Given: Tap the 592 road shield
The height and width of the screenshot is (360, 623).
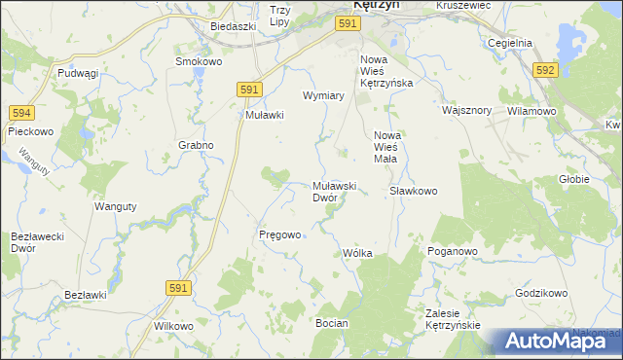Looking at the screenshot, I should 546,70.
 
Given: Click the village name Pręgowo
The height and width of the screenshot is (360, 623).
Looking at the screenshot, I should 279,234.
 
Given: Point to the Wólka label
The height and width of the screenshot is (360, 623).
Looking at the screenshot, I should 357,253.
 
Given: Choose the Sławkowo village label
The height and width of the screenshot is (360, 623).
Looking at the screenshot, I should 413,191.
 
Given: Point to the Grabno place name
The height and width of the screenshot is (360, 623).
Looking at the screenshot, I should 196,145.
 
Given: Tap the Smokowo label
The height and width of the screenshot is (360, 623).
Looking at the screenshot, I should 199,60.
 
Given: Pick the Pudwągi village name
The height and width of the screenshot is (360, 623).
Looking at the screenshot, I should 79,73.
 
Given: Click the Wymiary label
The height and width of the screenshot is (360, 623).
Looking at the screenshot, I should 324,96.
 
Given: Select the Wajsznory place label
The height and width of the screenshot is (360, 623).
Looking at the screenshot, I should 466,110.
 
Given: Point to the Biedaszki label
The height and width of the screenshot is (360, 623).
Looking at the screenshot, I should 233,26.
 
